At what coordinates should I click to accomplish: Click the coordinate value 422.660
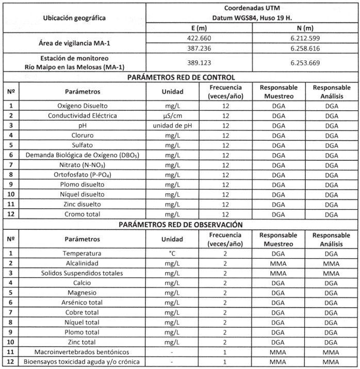tap(199, 38)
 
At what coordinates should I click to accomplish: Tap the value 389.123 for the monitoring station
tap(199, 62)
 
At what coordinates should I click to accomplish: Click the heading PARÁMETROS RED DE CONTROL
tap(180, 78)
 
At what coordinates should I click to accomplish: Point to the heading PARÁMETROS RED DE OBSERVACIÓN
tap(180, 225)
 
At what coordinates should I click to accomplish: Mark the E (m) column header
tap(199, 28)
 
